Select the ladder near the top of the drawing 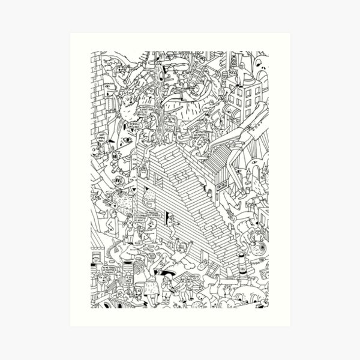[x=197, y=70]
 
